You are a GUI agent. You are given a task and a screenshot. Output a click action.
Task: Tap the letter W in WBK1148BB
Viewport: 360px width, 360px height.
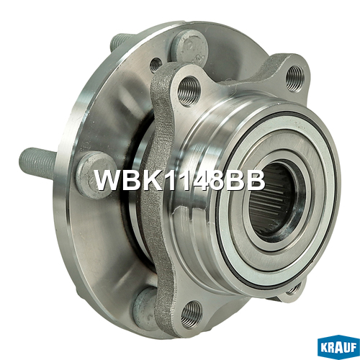point(109,180)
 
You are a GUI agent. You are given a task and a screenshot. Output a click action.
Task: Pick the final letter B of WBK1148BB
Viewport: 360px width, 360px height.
point(255,180)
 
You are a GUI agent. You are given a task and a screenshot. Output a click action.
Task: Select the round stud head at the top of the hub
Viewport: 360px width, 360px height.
point(189,49)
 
